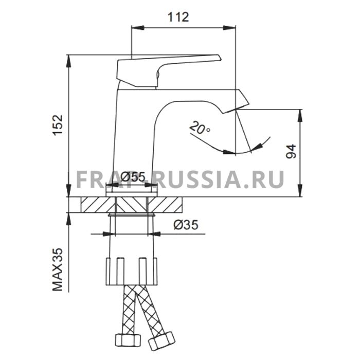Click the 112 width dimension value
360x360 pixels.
178,17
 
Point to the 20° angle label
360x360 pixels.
199,127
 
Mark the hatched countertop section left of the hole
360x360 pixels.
95,204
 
